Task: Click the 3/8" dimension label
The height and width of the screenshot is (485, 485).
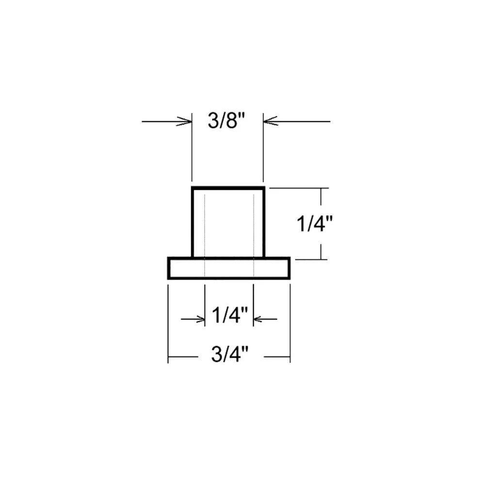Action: tap(226, 120)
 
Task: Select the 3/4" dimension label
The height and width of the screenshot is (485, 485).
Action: tap(230, 354)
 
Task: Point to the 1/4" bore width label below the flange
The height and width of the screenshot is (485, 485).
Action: tap(230, 315)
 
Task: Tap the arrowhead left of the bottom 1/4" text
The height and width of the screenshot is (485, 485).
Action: tap(199, 319)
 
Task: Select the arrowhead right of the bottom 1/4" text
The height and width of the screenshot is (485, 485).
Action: tap(259, 319)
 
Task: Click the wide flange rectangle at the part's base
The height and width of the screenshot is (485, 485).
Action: tap(229, 268)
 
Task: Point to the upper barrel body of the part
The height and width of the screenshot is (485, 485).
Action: tap(228, 222)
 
